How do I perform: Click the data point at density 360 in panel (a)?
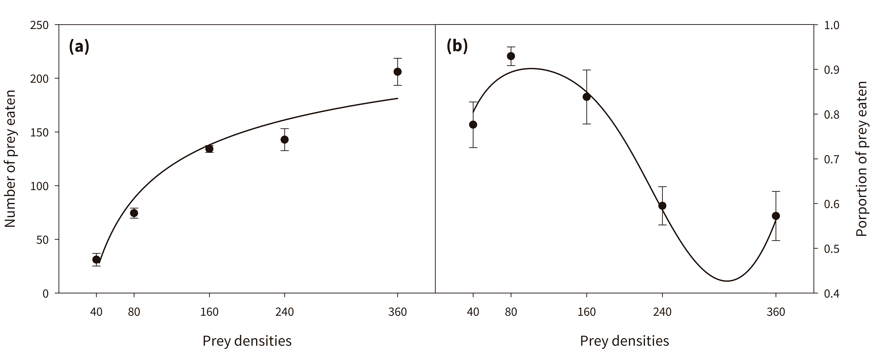(397, 72)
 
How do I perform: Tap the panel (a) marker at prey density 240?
(284, 140)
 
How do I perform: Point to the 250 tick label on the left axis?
(39, 25)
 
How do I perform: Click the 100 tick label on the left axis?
(39, 186)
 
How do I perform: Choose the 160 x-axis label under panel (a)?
(209, 312)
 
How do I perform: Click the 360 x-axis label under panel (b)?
(776, 312)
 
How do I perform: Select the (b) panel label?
(457, 46)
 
